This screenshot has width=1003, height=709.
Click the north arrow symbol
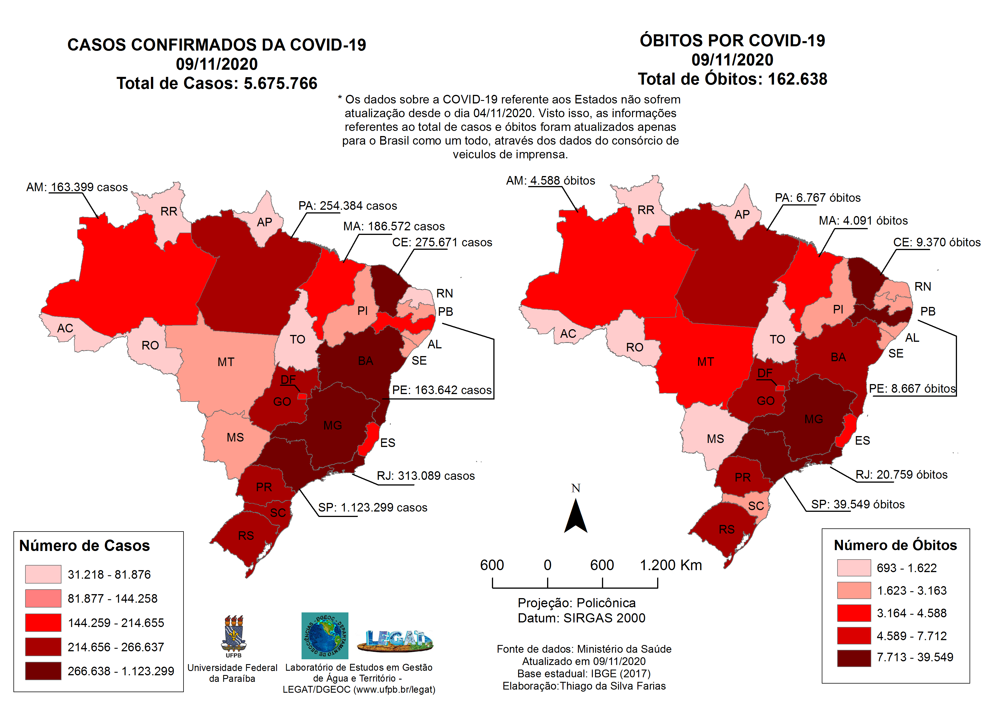[x=576, y=517]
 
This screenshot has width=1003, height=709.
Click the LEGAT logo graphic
[x=395, y=641]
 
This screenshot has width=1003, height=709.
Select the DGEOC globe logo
[x=325, y=636]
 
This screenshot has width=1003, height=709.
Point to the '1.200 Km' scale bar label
[x=671, y=565]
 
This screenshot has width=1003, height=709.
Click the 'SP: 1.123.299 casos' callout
[x=372, y=508]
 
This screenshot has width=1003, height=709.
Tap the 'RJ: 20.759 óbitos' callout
[x=901, y=475]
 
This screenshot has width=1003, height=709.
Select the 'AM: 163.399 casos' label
[x=77, y=187]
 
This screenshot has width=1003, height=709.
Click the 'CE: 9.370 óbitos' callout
[x=937, y=242]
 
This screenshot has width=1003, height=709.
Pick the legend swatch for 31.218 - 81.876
[x=43, y=574]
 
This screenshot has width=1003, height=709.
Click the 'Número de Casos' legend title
[x=84, y=546]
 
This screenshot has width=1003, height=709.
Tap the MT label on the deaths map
[x=705, y=362]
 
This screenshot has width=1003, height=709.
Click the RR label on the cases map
[x=169, y=211]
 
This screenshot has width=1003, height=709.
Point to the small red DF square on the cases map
[x=302, y=396]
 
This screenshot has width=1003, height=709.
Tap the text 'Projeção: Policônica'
[x=576, y=603]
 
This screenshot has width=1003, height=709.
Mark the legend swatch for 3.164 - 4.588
[x=854, y=613]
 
